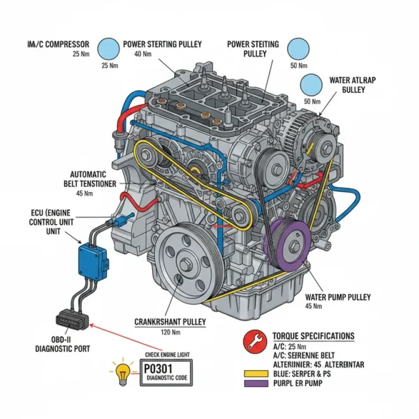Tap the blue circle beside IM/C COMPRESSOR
point(108,48)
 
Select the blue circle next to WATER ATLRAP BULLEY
point(312,85)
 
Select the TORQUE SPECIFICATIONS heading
point(313,336)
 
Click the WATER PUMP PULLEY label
point(338,297)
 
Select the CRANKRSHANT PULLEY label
point(170,322)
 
